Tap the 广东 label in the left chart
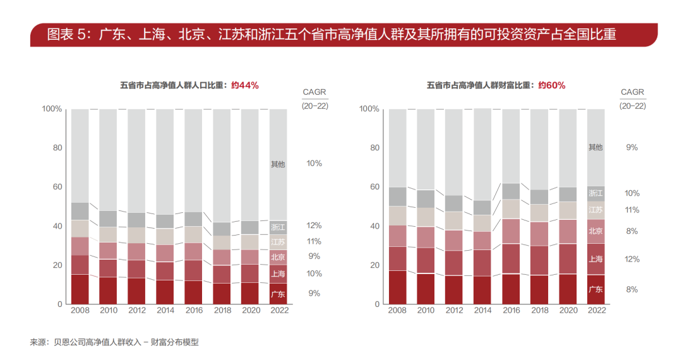click(278, 294)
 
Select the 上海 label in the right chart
click(595, 259)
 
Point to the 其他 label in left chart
click(278, 164)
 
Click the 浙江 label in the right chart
click(595, 193)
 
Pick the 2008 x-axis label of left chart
click(80, 311)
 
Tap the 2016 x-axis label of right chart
click(510, 311)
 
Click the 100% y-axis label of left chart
click(52, 109)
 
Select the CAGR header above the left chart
click(314, 92)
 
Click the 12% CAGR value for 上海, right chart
click(632, 259)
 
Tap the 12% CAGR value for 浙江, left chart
click(314, 225)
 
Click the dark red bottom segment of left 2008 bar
click(80, 289)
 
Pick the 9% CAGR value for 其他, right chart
click(632, 147)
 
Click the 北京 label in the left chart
click(278, 257)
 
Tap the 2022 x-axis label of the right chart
click(595, 311)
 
